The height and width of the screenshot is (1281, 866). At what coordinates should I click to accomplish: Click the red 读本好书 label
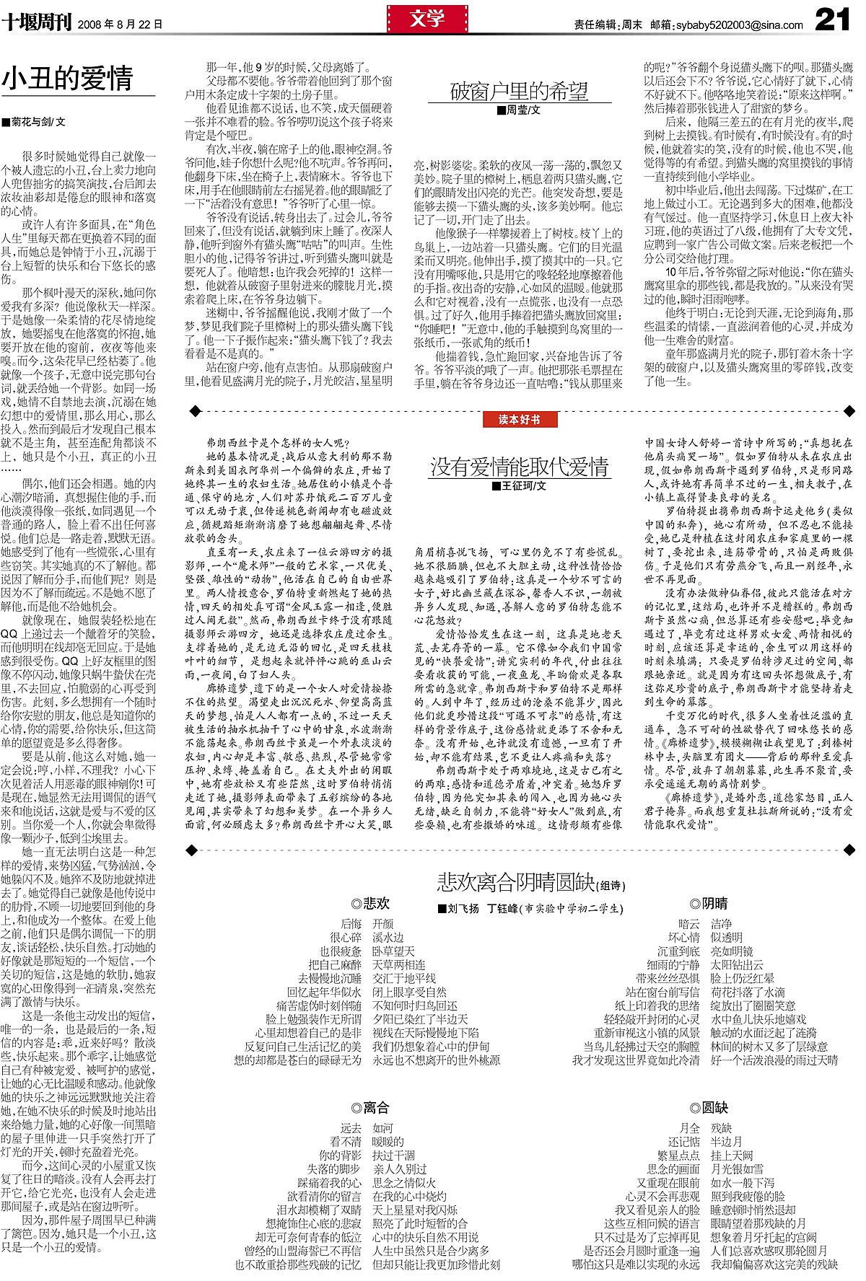pyautogui.click(x=518, y=419)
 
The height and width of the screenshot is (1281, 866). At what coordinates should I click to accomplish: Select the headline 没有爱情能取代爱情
pyautogui.click(x=519, y=467)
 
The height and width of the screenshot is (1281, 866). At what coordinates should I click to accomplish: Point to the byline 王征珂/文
pyautogui.click(x=519, y=486)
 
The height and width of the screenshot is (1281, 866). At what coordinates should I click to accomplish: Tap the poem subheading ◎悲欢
pyautogui.click(x=369, y=903)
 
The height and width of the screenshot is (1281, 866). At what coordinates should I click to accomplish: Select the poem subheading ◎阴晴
pyautogui.click(x=709, y=903)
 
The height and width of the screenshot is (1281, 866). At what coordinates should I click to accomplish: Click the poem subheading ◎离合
pyautogui.click(x=369, y=1108)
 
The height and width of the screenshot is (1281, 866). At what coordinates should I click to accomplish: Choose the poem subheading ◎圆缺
pyautogui.click(x=709, y=1108)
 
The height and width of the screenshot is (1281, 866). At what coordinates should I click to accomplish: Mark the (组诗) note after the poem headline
pyautogui.click(x=611, y=885)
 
